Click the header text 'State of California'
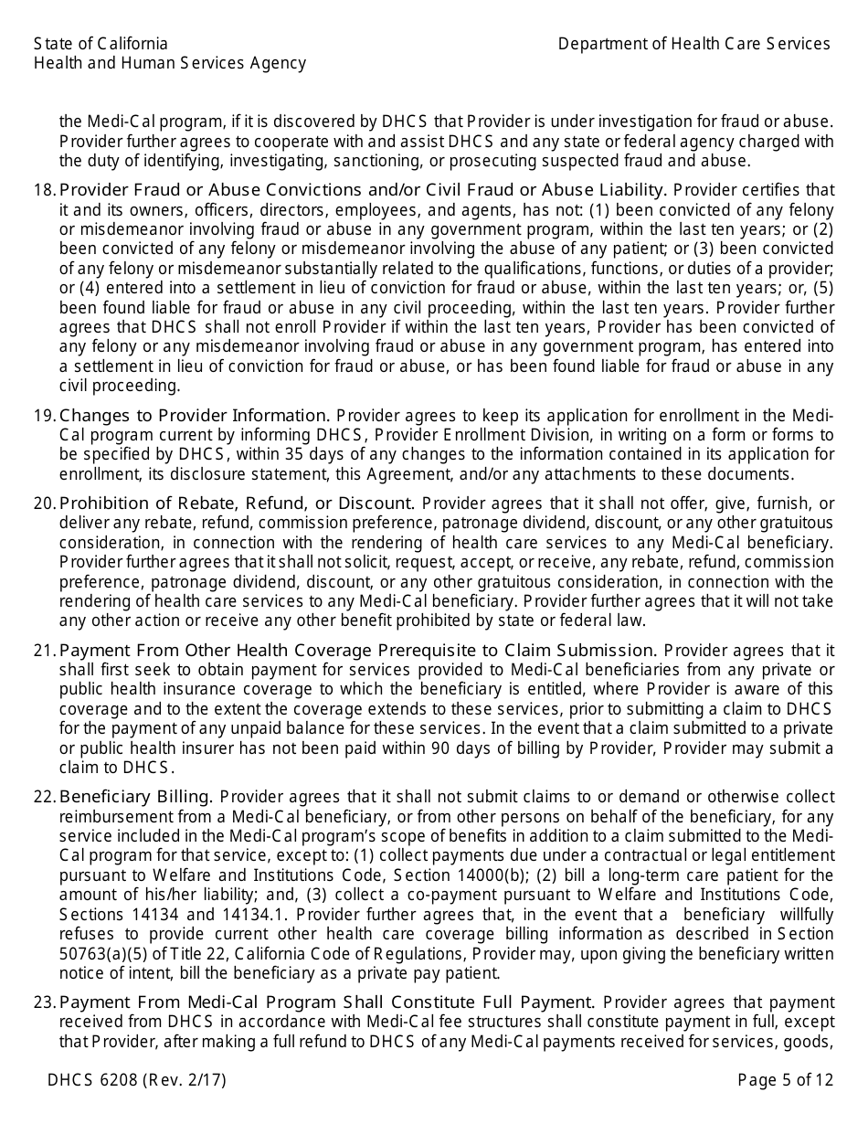[101, 44]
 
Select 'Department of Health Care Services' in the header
[694, 44]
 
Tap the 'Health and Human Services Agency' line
[170, 63]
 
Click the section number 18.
[44, 190]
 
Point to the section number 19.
[44, 416]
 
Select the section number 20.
[44, 504]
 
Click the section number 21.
[44, 651]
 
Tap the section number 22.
[44, 797]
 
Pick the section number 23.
[44, 1002]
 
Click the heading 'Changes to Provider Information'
[194, 416]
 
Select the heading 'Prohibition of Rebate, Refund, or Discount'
[237, 504]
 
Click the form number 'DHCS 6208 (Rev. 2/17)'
[137, 1080]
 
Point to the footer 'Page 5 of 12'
[785, 1080]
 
